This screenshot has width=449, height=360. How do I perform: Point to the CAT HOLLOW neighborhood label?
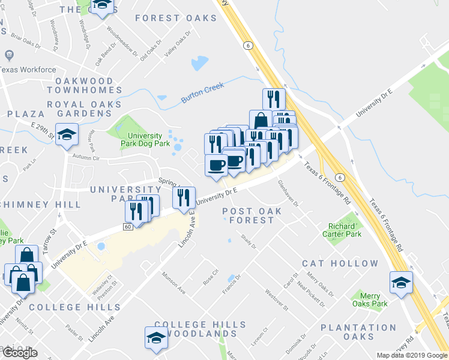tap(340, 263)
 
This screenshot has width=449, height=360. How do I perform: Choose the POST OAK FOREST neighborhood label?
tap(248, 215)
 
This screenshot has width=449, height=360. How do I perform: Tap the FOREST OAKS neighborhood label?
tap(176, 18)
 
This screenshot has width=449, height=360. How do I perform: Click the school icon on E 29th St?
tap(67, 134)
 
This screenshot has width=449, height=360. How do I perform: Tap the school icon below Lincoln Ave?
tap(156, 337)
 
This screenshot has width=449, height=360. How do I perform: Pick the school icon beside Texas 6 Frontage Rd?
tap(401, 281)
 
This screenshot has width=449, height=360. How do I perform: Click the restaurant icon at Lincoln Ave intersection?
tap(184, 196)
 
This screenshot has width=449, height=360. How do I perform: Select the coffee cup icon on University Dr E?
tap(216, 165)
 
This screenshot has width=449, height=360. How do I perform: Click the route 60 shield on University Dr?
tap(128, 226)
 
